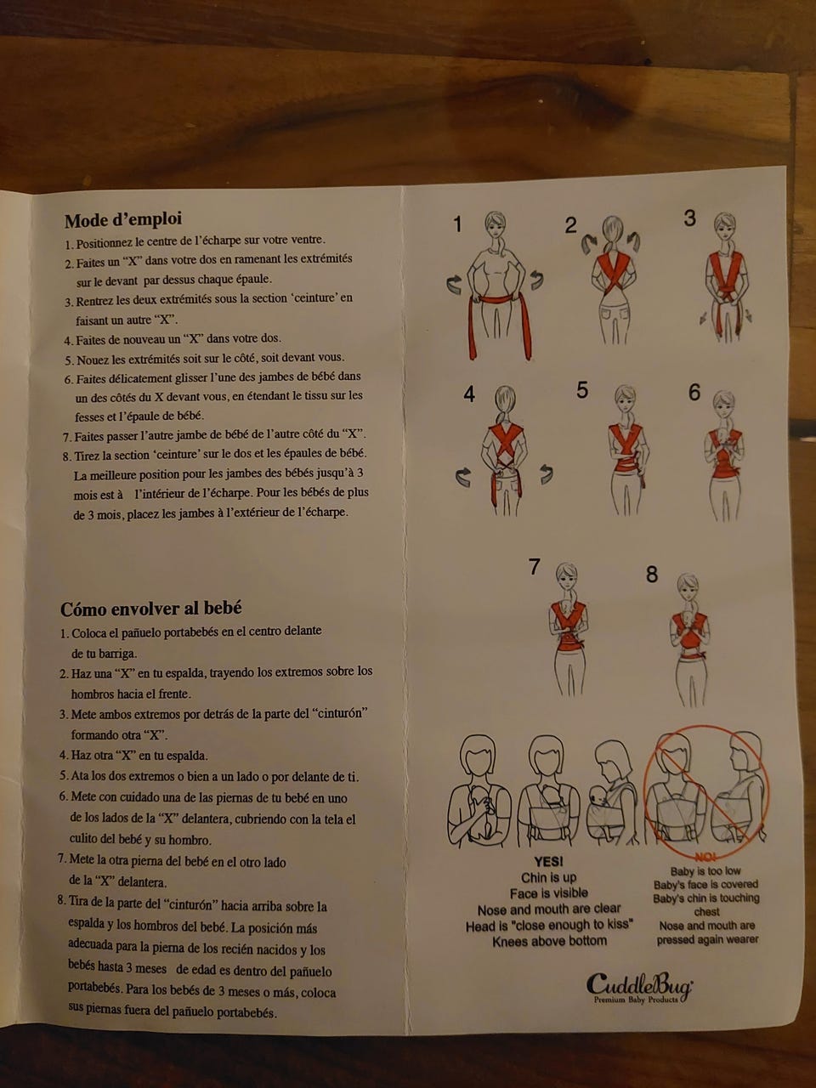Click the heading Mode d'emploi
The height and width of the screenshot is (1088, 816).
click(123, 220)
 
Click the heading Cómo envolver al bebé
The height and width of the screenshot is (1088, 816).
click(151, 609)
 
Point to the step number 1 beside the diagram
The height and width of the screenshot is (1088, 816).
click(458, 224)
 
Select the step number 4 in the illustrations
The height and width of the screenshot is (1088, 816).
click(468, 394)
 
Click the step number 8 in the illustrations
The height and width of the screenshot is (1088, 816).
click(652, 575)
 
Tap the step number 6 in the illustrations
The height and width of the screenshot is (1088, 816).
click(694, 393)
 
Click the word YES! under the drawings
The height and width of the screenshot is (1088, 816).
click(548, 862)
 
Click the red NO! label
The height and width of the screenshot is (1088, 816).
click(705, 858)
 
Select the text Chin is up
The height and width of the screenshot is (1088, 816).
click(548, 878)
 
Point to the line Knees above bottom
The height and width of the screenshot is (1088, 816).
click(549, 941)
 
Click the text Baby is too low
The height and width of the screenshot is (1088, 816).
click(705, 871)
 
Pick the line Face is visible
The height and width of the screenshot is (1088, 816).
click(548, 893)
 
